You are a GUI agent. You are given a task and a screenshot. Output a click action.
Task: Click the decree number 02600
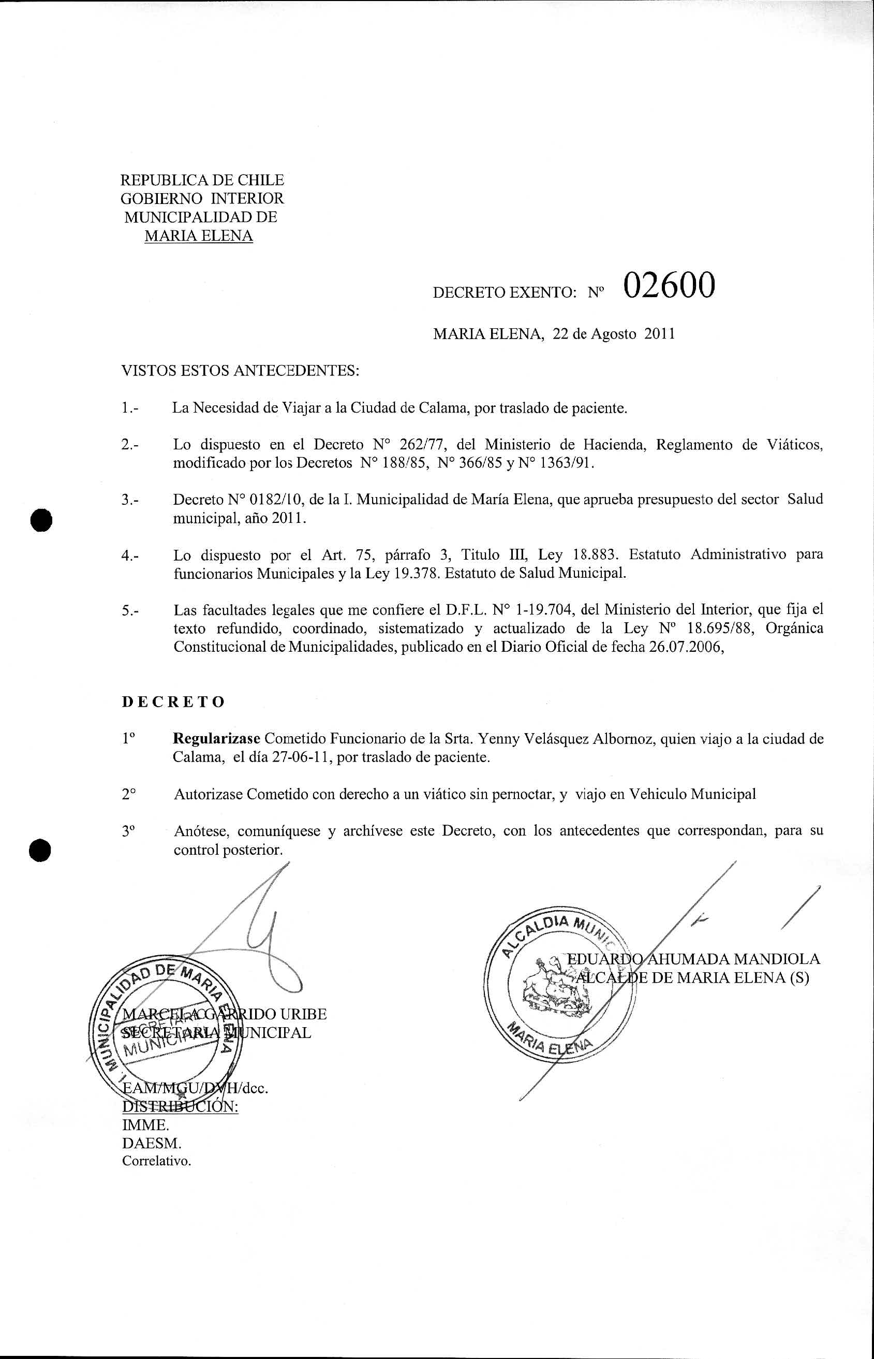pyautogui.click(x=669, y=286)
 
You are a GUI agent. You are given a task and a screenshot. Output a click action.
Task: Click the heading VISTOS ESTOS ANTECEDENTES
pyautogui.click(x=241, y=371)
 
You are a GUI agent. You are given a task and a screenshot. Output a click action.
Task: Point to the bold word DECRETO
pyautogui.click(x=174, y=702)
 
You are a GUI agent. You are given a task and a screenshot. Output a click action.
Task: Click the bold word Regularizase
pyautogui.click(x=216, y=739)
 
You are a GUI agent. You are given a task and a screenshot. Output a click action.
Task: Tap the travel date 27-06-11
pyautogui.click(x=301, y=758)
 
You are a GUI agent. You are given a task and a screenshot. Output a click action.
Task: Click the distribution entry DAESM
pyautogui.click(x=152, y=1143)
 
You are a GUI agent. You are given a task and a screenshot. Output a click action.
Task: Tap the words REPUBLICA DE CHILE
pyautogui.click(x=203, y=181)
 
